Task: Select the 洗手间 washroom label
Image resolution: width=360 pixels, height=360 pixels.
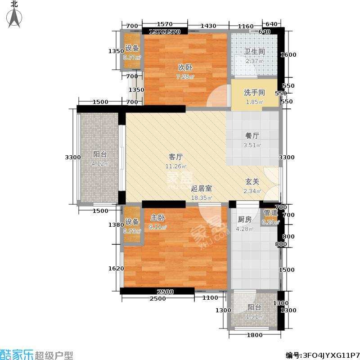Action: pyautogui.click(x=254, y=93)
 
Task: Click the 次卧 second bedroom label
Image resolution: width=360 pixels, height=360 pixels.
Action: pyautogui.click(x=185, y=67)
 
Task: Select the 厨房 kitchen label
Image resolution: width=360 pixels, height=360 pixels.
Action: pyautogui.click(x=244, y=220)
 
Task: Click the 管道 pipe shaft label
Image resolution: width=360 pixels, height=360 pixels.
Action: pyautogui.click(x=271, y=213)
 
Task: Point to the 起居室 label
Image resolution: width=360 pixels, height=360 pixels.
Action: pyautogui.click(x=201, y=189)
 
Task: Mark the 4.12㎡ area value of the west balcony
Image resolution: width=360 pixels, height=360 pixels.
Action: pyautogui.click(x=99, y=163)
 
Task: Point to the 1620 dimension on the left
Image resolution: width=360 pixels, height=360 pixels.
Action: pyautogui.click(x=116, y=269)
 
